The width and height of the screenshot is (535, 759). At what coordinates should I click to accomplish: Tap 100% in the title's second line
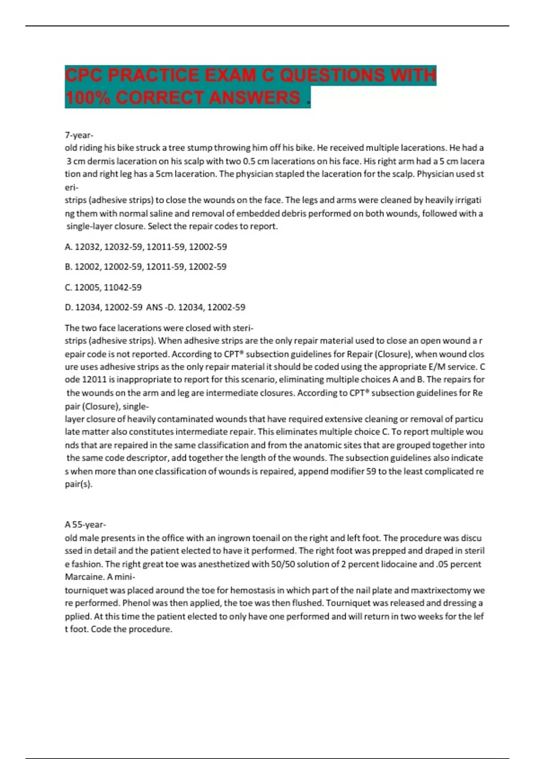87,98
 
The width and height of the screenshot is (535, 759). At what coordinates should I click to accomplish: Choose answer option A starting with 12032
146,246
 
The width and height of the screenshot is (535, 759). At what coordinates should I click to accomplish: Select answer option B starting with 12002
146,267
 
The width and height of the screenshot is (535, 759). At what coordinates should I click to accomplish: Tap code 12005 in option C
88,287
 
